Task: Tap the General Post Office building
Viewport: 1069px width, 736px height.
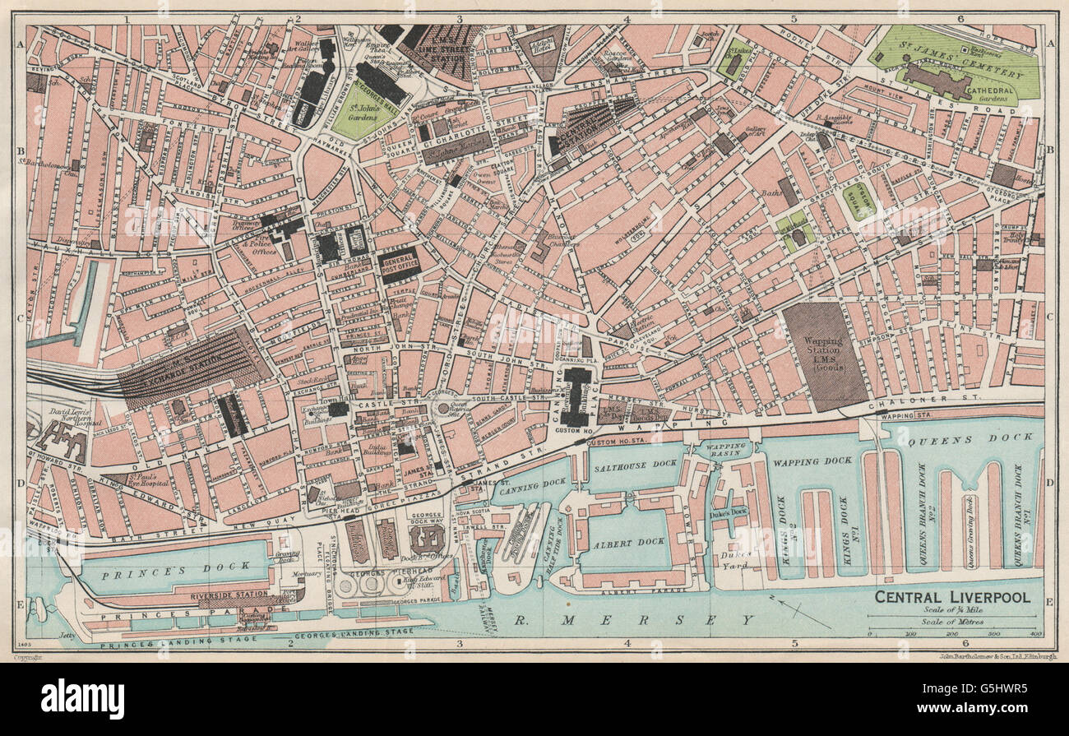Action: (x=400, y=264)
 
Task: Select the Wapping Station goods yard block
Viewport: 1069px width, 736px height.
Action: (x=823, y=355)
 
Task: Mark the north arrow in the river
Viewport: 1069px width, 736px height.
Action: (x=789, y=611)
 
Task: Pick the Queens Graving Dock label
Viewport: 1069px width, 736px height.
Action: (x=971, y=519)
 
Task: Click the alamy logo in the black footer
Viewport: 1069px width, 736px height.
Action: (x=82, y=699)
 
